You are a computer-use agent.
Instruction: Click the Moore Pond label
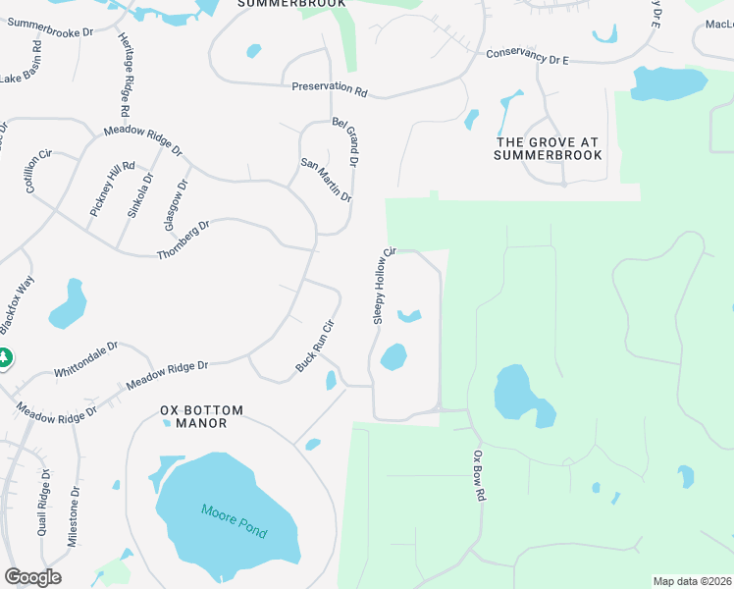point(235,521)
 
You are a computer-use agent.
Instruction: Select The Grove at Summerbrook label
point(547,148)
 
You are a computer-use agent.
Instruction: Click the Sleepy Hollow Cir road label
point(383,286)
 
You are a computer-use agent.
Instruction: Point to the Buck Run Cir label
point(316,346)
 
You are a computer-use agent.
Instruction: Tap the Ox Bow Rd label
point(479,476)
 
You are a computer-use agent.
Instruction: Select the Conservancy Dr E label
point(528,56)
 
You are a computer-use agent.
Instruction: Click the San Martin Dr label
point(326,181)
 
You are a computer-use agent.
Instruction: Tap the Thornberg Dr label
point(183,241)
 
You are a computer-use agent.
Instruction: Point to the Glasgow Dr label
point(176,203)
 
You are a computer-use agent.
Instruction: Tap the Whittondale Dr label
point(85,359)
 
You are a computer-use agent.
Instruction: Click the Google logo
point(32,577)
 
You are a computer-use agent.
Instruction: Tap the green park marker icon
point(4,358)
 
